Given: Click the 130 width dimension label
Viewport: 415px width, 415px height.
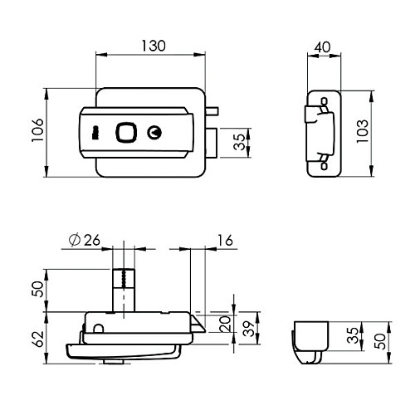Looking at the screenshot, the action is (154, 46).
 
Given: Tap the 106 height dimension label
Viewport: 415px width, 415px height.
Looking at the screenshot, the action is (37, 130).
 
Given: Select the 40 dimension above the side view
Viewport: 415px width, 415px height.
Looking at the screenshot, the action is (323, 47).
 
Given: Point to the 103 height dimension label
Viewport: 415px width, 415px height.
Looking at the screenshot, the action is (362, 131).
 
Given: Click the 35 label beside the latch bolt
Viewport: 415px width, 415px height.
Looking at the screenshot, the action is (240, 142).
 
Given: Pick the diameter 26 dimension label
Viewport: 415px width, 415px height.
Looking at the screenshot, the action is (85, 240).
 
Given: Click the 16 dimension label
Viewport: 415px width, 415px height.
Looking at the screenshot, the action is (225, 240).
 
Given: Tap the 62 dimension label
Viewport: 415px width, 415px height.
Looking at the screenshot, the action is (38, 339).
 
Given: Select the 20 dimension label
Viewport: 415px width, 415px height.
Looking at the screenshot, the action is (225, 324).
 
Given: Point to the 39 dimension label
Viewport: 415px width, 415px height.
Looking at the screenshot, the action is (250, 329).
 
